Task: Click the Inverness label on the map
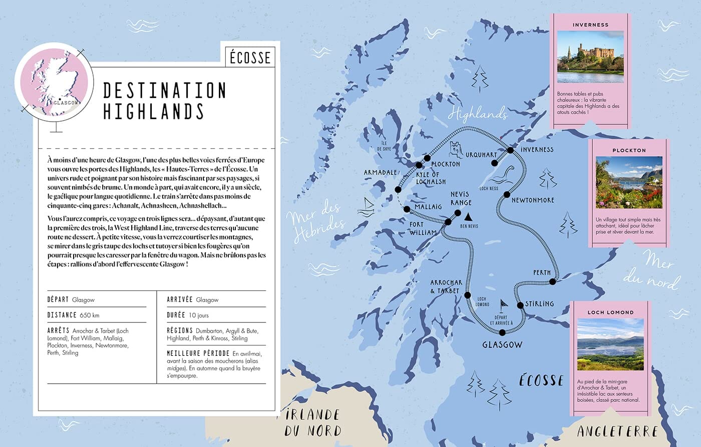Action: (x=537, y=150)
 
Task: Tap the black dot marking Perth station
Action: (x=552, y=282)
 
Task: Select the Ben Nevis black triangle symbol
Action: (x=469, y=217)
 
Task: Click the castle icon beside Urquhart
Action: (x=456, y=149)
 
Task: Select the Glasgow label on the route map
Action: (x=502, y=345)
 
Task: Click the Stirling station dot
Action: (x=520, y=305)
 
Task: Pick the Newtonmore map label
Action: (x=533, y=200)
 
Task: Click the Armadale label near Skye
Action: (x=380, y=173)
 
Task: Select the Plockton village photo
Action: (x=629, y=182)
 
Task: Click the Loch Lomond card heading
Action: (x=610, y=312)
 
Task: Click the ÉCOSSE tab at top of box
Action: (x=250, y=58)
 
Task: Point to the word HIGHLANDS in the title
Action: (x=153, y=111)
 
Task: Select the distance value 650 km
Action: (x=89, y=315)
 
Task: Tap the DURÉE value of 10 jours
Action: (x=199, y=315)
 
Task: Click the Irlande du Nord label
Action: (x=313, y=422)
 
